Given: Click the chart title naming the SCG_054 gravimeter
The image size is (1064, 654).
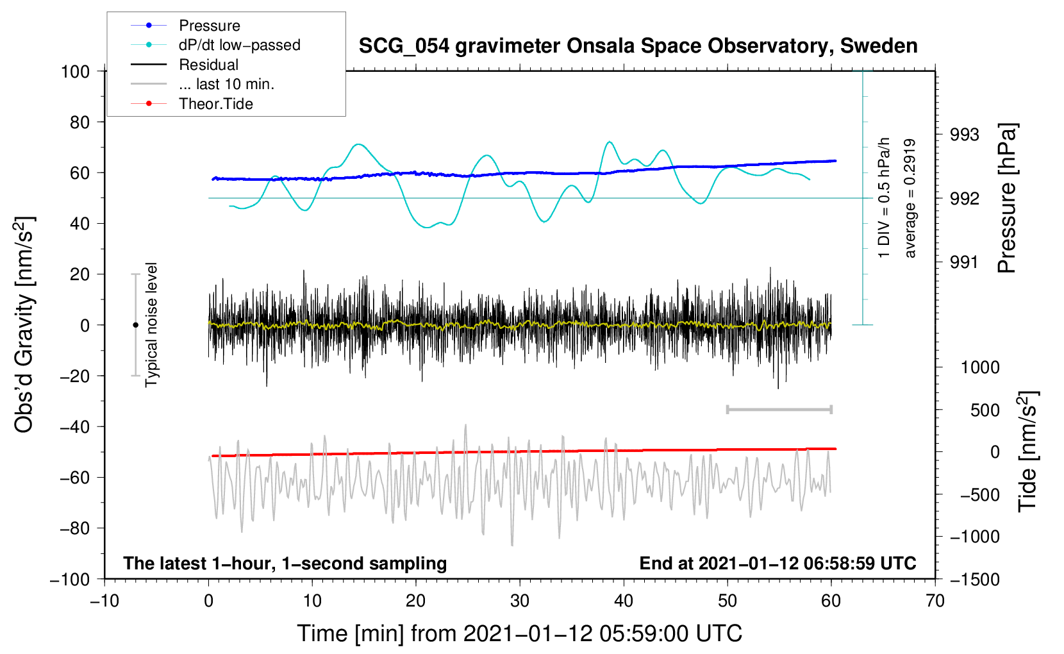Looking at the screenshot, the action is pyautogui.click(x=638, y=46).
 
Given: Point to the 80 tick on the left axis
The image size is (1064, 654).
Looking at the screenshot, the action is pyautogui.click(x=79, y=122).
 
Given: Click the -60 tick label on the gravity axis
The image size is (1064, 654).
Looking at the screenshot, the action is pyautogui.click(x=74, y=478).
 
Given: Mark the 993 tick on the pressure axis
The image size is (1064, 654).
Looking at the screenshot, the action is pyautogui.click(x=964, y=135).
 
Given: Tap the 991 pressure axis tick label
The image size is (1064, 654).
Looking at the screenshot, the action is pyautogui.click(x=964, y=262).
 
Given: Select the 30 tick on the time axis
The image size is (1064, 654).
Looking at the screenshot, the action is pyautogui.click(x=520, y=601).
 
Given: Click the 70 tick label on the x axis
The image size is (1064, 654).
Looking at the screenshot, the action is pyautogui.click(x=935, y=601).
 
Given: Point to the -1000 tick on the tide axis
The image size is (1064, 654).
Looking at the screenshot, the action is pyautogui.click(x=975, y=537).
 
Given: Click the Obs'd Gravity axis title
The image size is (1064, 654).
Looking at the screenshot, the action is pyautogui.click(x=25, y=324).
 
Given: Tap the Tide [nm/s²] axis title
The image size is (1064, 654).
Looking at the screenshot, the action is pyautogui.click(x=1027, y=451).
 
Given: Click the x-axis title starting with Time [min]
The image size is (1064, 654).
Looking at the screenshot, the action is pyautogui.click(x=520, y=633).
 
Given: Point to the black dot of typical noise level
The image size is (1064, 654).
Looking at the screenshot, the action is pyautogui.click(x=135, y=325).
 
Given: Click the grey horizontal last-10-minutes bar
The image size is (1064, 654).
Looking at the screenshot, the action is pyautogui.click(x=779, y=410).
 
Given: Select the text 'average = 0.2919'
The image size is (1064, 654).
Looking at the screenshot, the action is pyautogui.click(x=910, y=199).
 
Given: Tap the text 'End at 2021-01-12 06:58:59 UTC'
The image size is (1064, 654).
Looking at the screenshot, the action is pyautogui.click(x=777, y=564).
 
